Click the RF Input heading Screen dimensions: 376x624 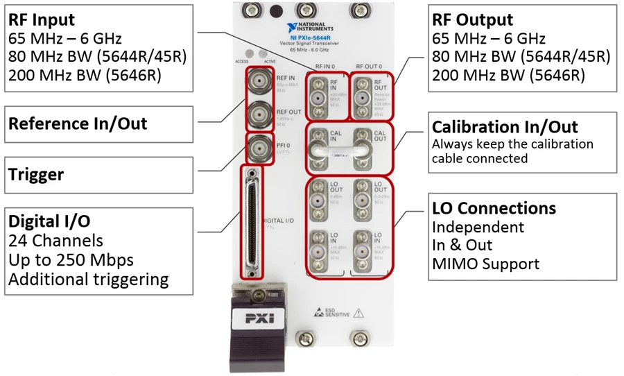coord(41,19)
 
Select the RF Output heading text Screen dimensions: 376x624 coord(472,19)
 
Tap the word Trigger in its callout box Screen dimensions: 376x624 coord(35,175)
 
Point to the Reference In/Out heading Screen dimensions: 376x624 coord(78,123)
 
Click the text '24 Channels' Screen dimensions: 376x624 coord(55,241)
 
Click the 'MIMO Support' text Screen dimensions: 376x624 coord(485,264)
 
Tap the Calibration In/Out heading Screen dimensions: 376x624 coord(505,127)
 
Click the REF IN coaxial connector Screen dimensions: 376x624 coord(259,81)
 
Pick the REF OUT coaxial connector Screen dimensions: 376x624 coord(259,113)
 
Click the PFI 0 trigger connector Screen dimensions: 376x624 coord(259,146)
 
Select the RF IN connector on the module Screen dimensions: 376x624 coord(318,92)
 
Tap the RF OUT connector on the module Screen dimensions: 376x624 coord(361,92)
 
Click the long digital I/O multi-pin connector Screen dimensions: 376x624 coord(251,221)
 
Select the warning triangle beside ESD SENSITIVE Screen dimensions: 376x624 coord(358,313)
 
